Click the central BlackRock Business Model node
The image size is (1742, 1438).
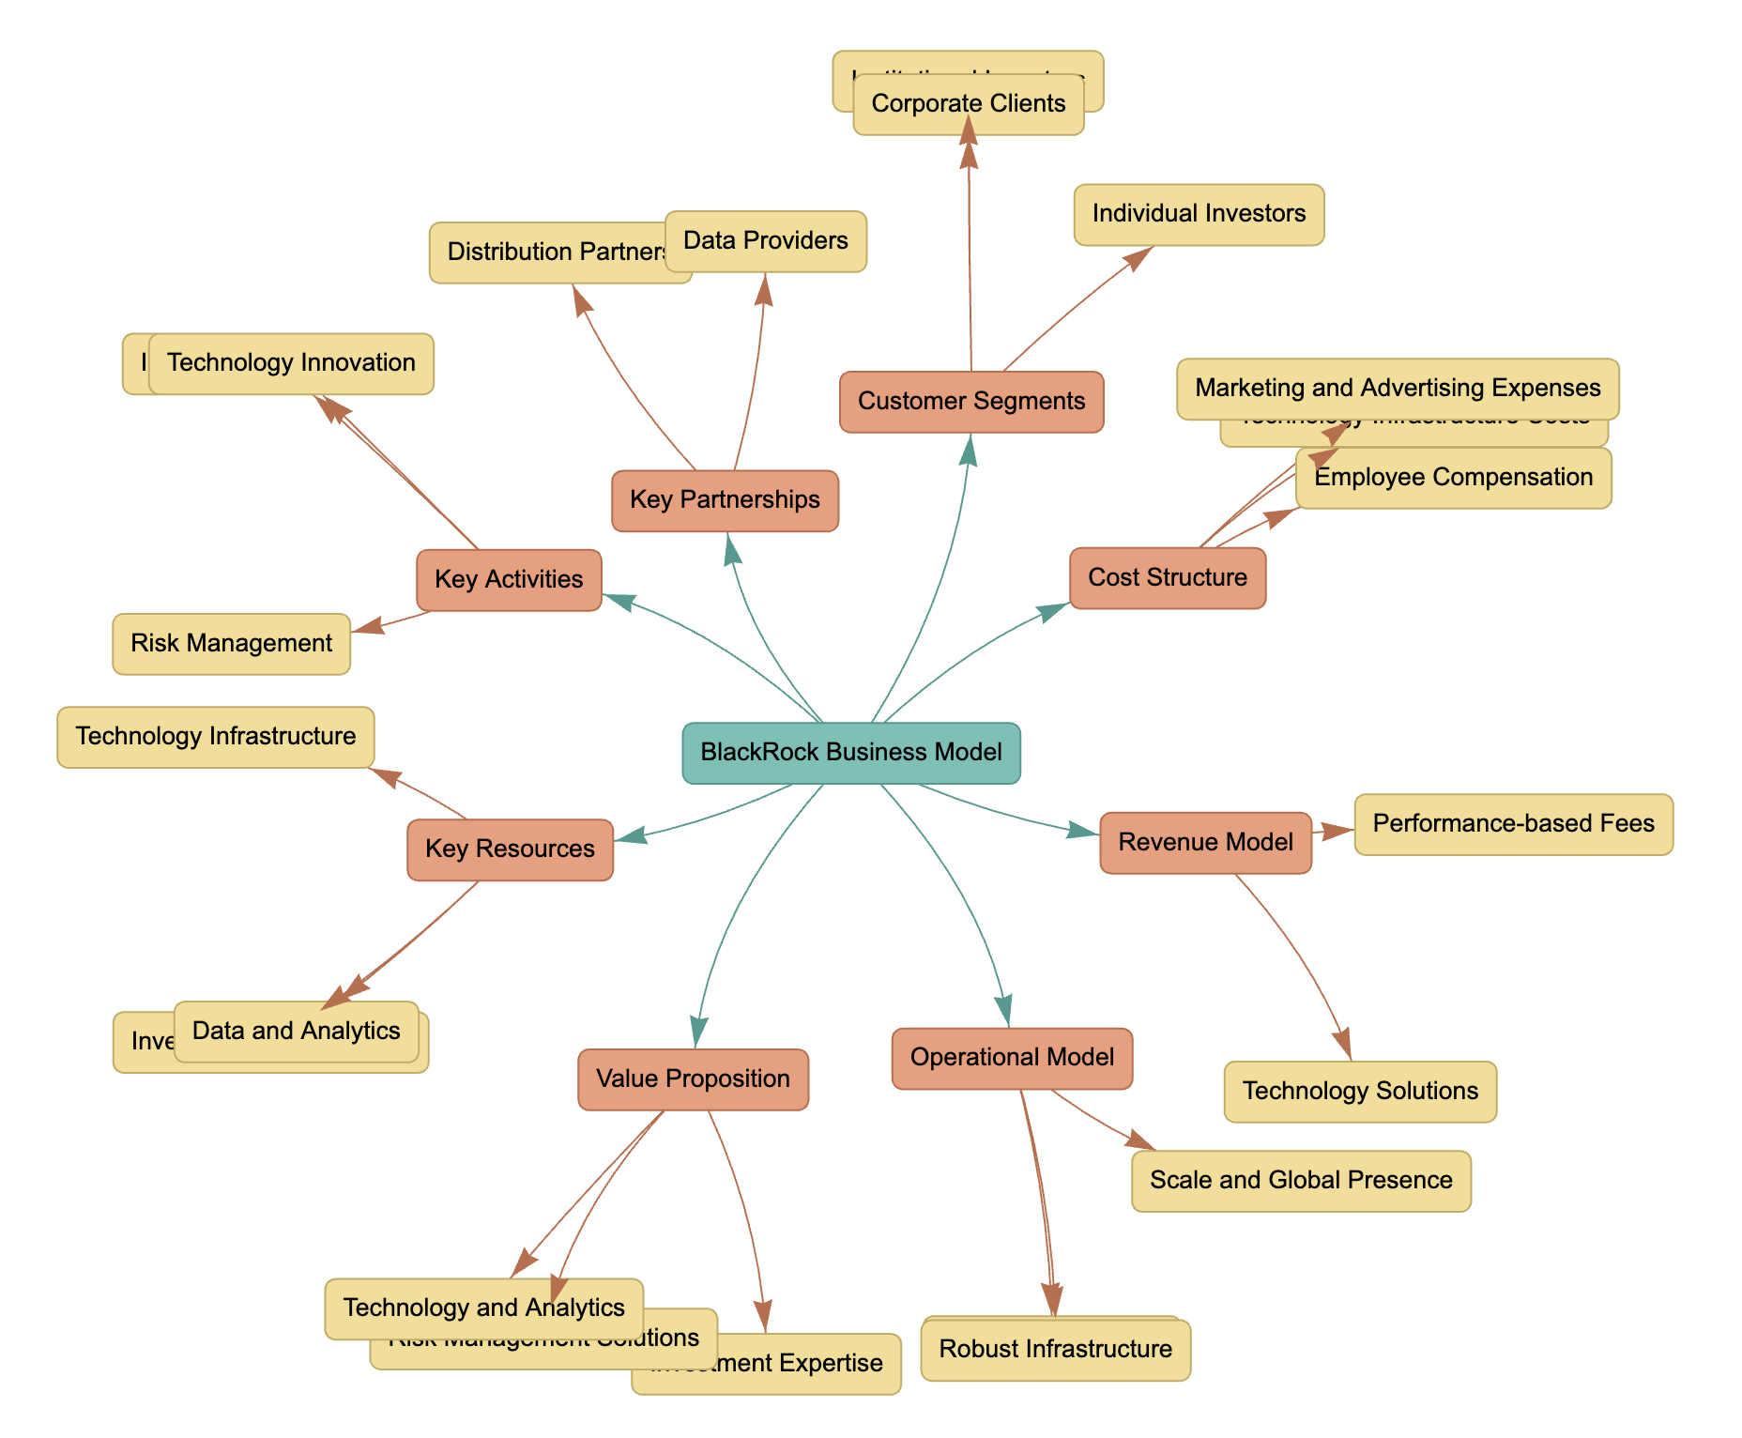pos(851,753)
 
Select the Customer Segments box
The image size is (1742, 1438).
pos(971,402)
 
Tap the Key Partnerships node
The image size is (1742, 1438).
pos(725,500)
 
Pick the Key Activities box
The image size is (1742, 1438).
pos(509,580)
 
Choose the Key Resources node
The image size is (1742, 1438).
pos(510,849)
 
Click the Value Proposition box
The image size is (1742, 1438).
pos(693,1079)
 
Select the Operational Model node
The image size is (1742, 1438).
pos(1012,1058)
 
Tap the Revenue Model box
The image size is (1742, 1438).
pos(1205,843)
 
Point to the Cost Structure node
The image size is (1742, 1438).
pos(1168,578)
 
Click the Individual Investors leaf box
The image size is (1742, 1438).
pos(1199,214)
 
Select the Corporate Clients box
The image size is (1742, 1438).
pos(969,104)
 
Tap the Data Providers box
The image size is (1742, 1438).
pos(765,241)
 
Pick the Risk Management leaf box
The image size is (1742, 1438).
pos(231,644)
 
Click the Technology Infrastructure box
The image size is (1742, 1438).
pos(215,737)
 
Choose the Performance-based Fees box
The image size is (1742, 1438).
pos(1513,824)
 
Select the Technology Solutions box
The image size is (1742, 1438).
pos(1360,1092)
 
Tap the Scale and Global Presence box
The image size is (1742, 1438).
pos(1301,1181)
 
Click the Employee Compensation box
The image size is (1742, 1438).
pos(1453,478)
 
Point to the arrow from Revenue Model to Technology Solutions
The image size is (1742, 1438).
pos(1300,957)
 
